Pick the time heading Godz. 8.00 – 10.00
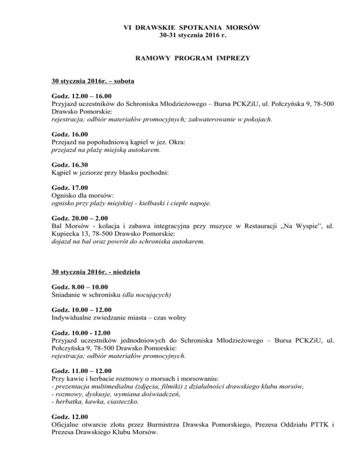pyautogui.click(x=80, y=287)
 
